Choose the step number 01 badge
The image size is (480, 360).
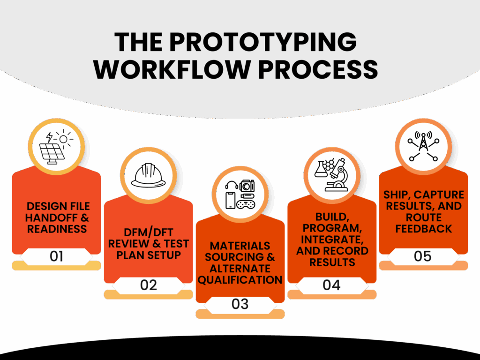56,256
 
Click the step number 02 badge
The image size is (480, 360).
148,285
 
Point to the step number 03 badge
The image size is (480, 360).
240,304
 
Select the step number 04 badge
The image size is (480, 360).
331,285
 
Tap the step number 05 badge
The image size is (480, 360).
423,256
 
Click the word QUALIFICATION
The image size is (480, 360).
240,280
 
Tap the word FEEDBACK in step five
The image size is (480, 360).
423,229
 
